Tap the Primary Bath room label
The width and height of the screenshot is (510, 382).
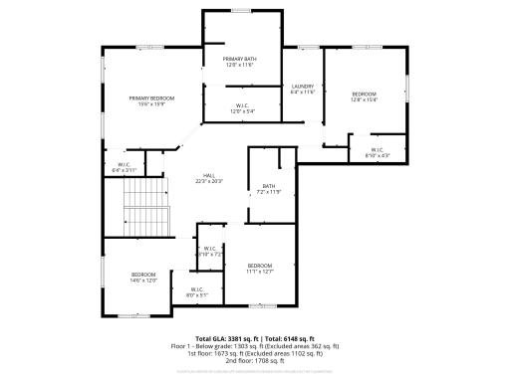click(240, 60)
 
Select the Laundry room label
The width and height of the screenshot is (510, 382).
click(303, 87)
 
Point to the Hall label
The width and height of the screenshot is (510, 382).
click(209, 175)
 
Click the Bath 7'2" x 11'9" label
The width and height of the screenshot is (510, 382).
click(269, 187)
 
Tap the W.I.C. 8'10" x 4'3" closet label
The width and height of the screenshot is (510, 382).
click(378, 152)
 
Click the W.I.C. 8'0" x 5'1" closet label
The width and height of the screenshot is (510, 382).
click(197, 291)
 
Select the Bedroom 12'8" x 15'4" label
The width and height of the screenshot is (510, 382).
click(363, 95)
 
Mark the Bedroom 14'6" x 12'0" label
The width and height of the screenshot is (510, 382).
click(143, 276)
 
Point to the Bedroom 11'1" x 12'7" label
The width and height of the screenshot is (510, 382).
click(260, 266)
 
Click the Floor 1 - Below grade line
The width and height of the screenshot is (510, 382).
click(255, 346)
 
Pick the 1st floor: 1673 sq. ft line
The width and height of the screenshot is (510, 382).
click(255, 353)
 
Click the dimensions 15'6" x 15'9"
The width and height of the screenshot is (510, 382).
click(151, 103)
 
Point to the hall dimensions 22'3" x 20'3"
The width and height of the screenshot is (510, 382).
click(209, 181)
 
